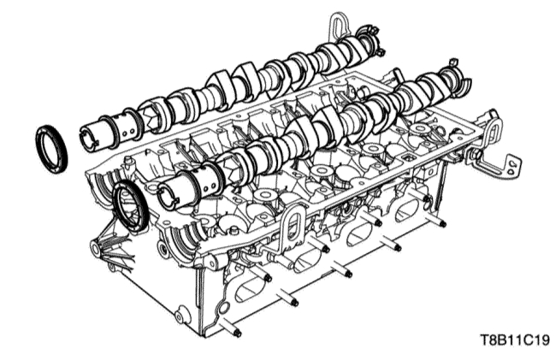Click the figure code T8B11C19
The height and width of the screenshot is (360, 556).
(515, 340)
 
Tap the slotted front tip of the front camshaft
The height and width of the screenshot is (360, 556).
(168, 195)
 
